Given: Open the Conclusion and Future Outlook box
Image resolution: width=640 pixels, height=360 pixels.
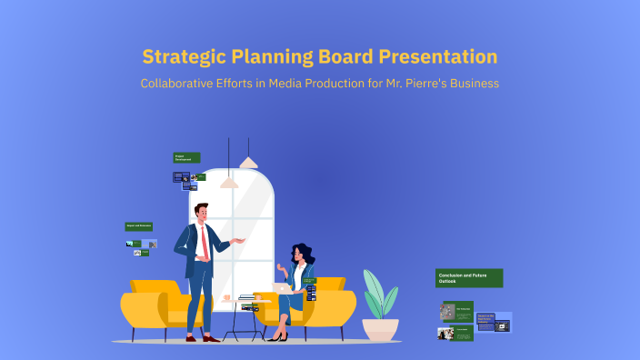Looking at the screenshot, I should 468,277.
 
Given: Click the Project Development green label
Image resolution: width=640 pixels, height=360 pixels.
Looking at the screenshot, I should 186,157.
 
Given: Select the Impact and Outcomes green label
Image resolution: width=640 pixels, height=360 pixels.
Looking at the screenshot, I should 138,226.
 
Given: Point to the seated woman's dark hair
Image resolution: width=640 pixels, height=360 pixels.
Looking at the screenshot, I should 300,255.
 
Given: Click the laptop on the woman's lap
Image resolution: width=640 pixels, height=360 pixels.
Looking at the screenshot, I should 283,287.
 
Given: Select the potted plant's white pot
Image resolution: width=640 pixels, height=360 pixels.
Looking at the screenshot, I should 380,328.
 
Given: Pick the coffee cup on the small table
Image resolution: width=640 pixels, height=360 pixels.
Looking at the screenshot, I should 226,298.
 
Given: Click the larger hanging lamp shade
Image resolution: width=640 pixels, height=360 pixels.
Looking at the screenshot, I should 247,163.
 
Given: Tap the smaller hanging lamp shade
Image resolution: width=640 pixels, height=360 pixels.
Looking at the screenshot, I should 229,183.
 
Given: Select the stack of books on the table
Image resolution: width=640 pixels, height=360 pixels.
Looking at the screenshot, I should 247,297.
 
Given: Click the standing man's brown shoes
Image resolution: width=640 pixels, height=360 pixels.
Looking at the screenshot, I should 202,337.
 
